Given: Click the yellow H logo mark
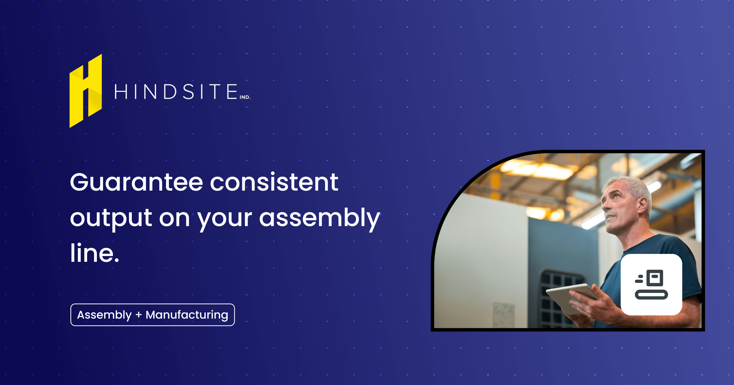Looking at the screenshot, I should [86, 91].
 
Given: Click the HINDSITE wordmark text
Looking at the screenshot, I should [176, 92].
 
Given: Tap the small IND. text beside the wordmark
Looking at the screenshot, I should [245, 97].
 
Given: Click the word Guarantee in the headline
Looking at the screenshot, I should [136, 183].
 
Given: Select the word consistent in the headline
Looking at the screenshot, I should [274, 183].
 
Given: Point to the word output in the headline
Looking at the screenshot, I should [111, 218].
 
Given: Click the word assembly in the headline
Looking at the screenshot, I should [320, 218].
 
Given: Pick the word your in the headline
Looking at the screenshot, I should [224, 219].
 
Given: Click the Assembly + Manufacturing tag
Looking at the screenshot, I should [153, 315].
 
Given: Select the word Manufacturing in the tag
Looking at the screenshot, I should [187, 315].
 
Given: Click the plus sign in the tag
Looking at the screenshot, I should [139, 315].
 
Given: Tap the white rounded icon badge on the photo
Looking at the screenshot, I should [651, 284].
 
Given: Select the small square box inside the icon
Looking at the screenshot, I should [654, 277].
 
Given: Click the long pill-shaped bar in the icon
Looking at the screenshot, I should [651, 295].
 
